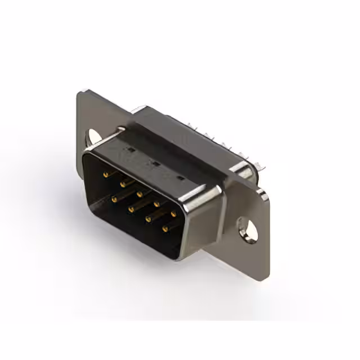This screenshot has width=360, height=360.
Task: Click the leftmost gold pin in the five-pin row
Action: coord(105,175)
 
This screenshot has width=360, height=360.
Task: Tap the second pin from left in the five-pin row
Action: coord(122,183)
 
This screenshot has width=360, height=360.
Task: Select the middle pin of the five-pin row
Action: coord(139,193)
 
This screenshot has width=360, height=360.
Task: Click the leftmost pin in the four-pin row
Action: coord(114,199)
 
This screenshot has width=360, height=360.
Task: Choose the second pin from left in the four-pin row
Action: coord(130,209)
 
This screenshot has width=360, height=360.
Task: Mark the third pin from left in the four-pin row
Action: coord(148,219)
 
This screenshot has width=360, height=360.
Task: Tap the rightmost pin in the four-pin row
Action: coord(165,229)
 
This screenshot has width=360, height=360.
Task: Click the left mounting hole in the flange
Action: coord(92,136)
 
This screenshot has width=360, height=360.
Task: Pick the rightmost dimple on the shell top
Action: coord(180,179)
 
